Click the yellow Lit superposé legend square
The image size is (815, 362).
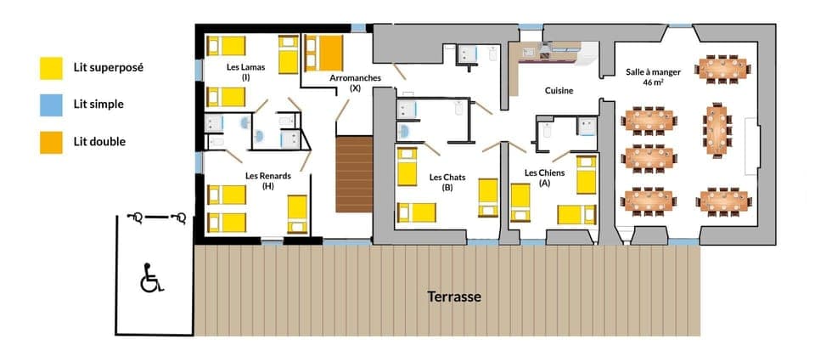(x=51, y=67)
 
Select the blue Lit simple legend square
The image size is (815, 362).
(x=51, y=105)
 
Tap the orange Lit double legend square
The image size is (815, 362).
(x=51, y=141)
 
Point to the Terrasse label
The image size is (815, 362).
(x=453, y=297)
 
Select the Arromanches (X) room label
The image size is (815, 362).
(x=355, y=83)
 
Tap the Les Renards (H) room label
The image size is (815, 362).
(x=268, y=181)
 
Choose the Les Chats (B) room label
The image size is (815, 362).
(x=447, y=182)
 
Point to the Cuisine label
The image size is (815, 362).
(x=559, y=91)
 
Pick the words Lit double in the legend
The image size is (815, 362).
(x=99, y=141)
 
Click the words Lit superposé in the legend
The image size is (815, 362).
(x=108, y=67)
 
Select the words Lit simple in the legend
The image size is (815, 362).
(x=98, y=105)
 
